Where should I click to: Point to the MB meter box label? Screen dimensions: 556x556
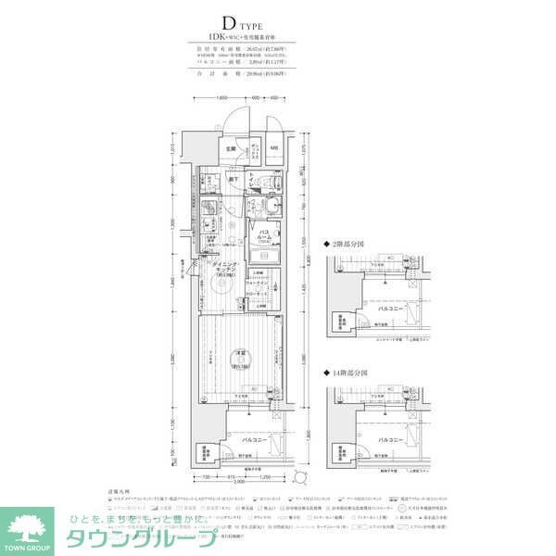point(275,148)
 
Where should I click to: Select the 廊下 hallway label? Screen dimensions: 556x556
point(235,179)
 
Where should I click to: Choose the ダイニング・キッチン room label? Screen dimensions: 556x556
point(226,269)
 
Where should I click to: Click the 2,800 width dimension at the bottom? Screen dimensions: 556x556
point(239,483)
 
